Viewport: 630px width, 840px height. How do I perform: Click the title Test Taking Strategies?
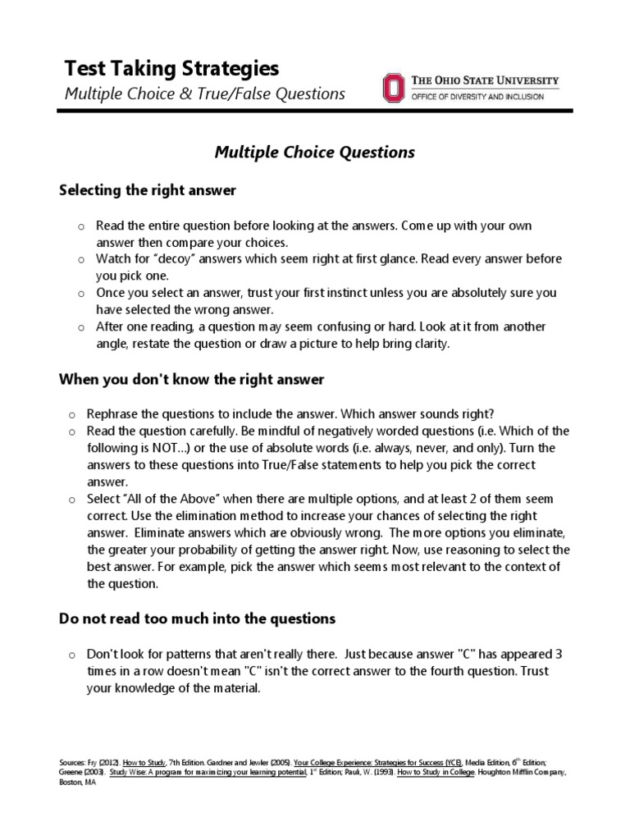tap(171, 67)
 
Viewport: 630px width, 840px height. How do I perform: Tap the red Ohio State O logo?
tap(393, 88)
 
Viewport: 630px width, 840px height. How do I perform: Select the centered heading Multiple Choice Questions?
tap(315, 152)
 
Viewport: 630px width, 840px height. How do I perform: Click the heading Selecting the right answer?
tap(148, 190)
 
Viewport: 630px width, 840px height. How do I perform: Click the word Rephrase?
tap(123, 413)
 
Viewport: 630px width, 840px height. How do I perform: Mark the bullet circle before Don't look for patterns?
tap(71, 655)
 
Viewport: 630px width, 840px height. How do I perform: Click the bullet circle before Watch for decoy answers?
tap(71, 259)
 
